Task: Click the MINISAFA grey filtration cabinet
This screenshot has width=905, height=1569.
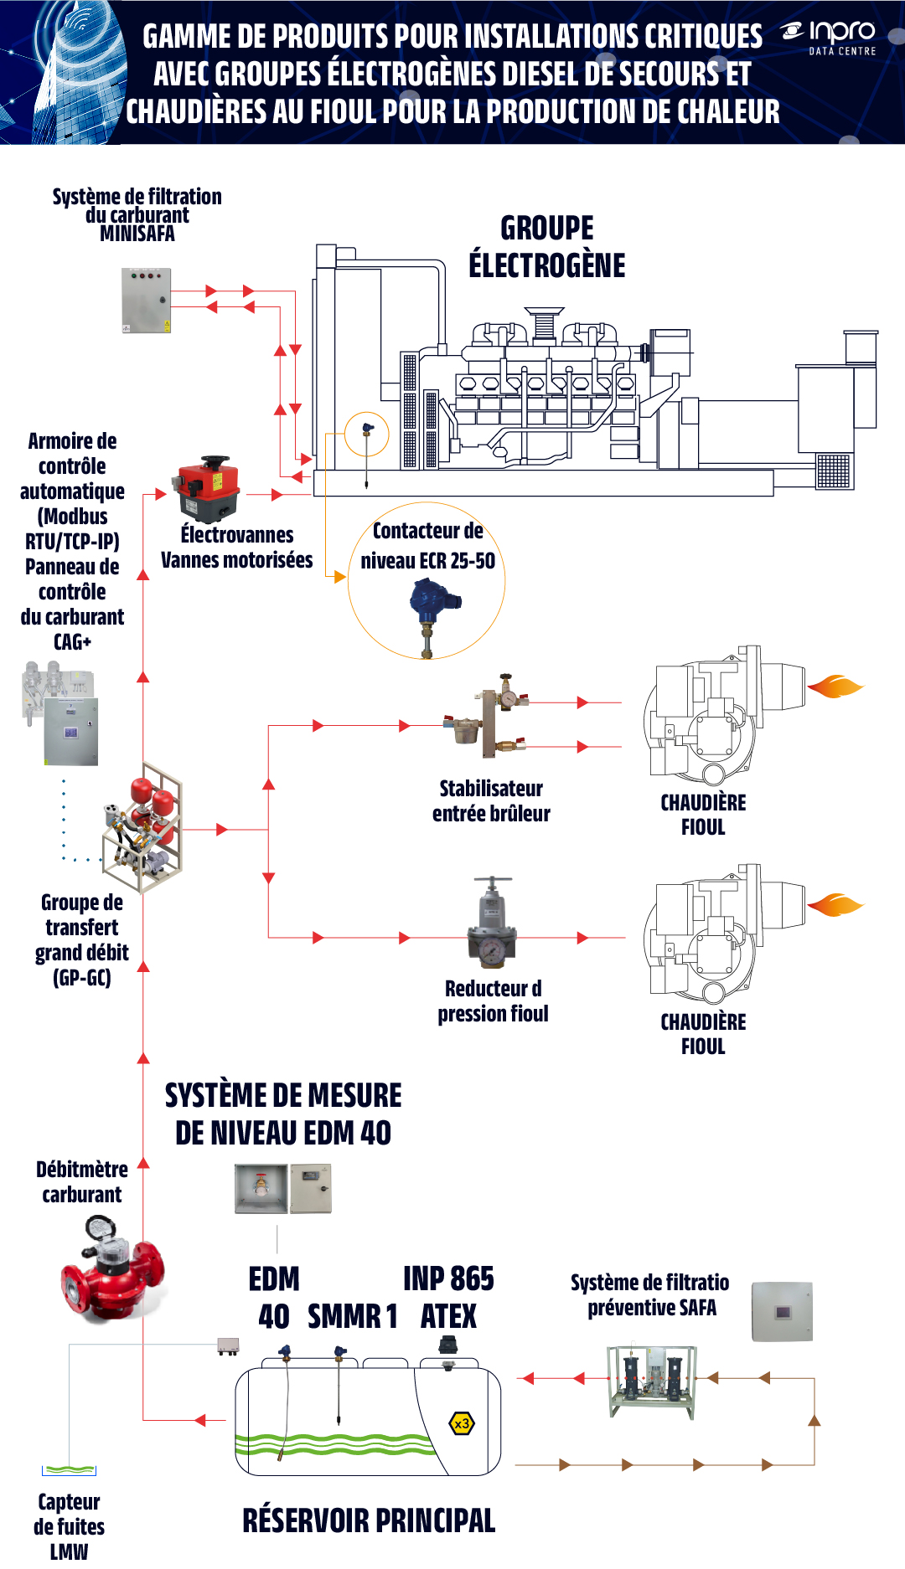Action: point(147,301)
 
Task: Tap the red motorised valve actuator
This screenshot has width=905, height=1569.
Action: point(208,489)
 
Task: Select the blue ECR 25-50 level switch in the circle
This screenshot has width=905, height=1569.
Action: point(432,615)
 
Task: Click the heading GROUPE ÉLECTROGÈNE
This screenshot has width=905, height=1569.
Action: point(547,246)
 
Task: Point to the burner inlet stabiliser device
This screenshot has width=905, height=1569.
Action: point(486,716)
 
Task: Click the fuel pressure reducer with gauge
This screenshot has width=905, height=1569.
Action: point(493,923)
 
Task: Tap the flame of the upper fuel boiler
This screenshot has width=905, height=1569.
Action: point(835,687)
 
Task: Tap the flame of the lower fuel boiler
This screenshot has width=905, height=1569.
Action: point(835,905)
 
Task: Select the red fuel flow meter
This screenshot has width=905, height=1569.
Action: point(112,1269)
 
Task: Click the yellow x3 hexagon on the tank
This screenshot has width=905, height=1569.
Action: point(462,1423)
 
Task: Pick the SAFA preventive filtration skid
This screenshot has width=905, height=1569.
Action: point(653,1381)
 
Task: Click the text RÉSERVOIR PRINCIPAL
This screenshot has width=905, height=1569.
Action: point(369,1520)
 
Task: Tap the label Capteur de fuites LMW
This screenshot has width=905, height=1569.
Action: point(69,1526)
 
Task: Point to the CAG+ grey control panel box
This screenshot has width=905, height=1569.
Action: point(70,732)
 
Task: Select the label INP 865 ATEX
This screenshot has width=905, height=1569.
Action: point(448,1298)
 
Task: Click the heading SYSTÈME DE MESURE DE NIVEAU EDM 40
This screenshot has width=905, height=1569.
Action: point(283,1114)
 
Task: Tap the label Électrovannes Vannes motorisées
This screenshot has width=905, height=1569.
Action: point(237,548)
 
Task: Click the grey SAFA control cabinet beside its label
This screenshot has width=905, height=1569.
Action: point(782,1311)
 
